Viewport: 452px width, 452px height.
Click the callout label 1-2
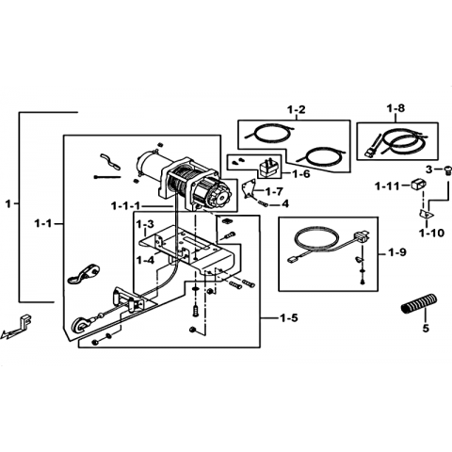pyautogui.click(x=297, y=110)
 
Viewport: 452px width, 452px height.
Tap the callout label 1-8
pyautogui.click(x=395, y=108)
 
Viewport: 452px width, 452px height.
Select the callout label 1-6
pyautogui.click(x=300, y=173)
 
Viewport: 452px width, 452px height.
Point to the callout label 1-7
pyautogui.click(x=274, y=191)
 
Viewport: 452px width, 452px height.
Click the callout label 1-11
pyautogui.click(x=387, y=186)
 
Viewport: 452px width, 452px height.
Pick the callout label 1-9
pyautogui.click(x=396, y=252)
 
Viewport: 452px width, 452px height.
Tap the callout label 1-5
pyautogui.click(x=288, y=318)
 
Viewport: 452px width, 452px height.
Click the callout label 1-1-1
pyautogui.click(x=125, y=206)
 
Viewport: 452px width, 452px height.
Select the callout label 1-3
pyautogui.click(x=145, y=224)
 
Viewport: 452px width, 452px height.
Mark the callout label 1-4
pyautogui.click(x=145, y=260)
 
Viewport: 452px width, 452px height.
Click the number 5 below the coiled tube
pyautogui.click(x=426, y=329)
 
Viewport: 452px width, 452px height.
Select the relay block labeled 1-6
pyautogui.click(x=269, y=169)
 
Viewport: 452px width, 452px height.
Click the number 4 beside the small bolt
pyautogui.click(x=285, y=204)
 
